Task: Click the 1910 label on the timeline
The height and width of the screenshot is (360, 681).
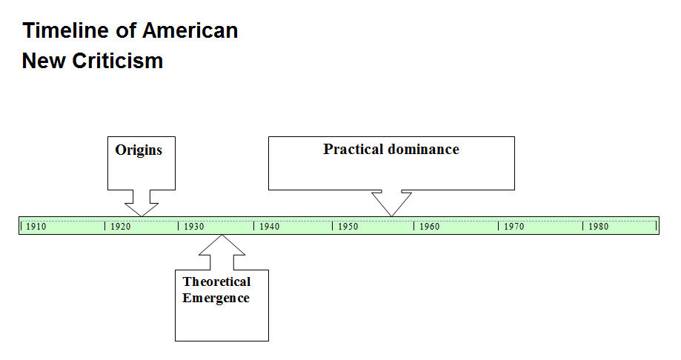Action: tap(36, 226)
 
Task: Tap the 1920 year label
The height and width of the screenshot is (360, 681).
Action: tap(120, 226)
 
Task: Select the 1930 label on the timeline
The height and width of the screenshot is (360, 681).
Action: tap(193, 226)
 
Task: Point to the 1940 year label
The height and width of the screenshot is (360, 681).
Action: tap(269, 226)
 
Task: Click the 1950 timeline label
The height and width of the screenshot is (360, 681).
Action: tap(348, 226)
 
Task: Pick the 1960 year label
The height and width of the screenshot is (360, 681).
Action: tap(430, 226)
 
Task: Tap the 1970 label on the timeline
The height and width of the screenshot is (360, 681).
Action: tap(514, 226)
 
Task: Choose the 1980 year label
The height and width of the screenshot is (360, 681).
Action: tap(598, 226)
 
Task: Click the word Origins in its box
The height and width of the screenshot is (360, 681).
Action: tap(139, 150)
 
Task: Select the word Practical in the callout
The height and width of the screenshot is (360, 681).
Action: tap(353, 150)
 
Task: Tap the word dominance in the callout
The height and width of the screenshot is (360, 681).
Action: tap(423, 150)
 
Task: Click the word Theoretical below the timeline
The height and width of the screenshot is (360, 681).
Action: tap(216, 281)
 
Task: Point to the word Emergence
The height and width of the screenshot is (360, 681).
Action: tap(216, 299)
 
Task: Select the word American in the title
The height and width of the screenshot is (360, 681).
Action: tap(190, 31)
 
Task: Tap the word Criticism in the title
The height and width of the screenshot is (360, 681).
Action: tap(117, 61)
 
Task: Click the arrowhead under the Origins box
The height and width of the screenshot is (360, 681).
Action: tap(142, 210)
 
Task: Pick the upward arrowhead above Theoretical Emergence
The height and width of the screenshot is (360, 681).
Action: tap(222, 245)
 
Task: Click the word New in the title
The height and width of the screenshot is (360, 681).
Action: tap(44, 61)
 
